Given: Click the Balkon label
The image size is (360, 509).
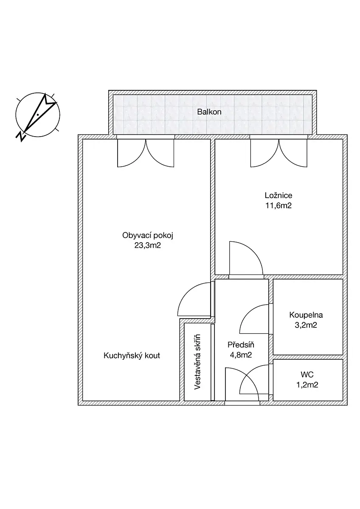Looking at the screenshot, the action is coord(209,112).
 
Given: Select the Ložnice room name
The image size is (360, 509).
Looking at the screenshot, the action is coord(278,196).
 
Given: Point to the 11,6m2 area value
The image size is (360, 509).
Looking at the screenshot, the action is coord(278,206).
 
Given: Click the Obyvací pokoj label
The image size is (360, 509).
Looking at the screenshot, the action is coord(148,235).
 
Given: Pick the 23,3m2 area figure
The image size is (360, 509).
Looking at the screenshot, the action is coord(148,246).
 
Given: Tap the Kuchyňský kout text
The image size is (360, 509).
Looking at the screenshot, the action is coord(132,355).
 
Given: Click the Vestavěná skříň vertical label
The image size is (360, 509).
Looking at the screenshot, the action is coord(197,362).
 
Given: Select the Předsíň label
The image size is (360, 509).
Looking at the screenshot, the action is coord(241,345).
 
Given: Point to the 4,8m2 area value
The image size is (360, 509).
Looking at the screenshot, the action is coord(241,355).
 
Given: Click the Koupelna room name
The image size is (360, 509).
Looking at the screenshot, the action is coord(306,315).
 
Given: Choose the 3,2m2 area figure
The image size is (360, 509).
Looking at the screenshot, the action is coord(306,325).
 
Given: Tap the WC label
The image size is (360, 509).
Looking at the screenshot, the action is coord(307,374).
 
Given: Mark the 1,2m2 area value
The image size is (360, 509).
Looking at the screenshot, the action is coord(307,385).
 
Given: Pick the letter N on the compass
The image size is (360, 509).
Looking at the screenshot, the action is coord(20,136).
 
